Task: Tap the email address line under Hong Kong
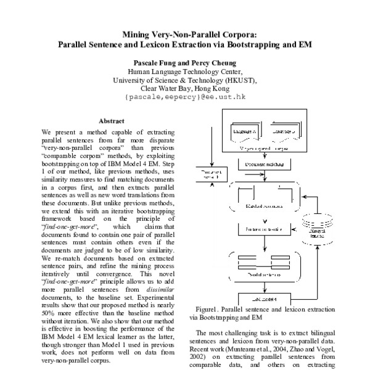[185, 97]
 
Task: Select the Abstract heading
[111, 121]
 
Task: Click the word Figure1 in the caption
[208, 309]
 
